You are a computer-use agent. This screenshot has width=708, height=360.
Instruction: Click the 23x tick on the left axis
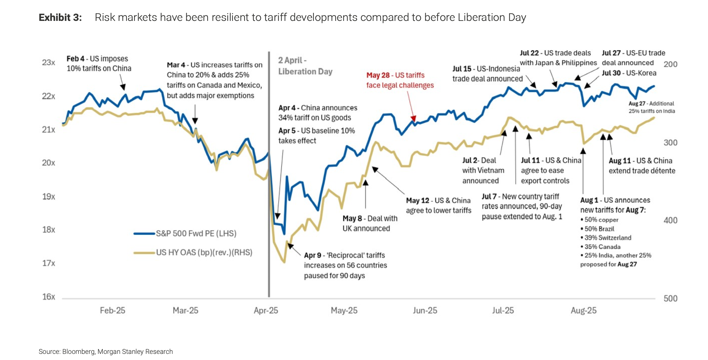click(49, 62)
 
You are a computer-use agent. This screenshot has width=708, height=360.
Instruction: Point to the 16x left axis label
click(49, 297)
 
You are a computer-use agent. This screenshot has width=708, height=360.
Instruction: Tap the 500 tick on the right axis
click(670, 299)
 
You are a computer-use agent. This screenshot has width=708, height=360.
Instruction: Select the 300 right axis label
click(670, 143)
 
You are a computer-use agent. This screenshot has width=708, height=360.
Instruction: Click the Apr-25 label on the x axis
click(266, 310)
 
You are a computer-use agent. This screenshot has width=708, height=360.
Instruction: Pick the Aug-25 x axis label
click(583, 310)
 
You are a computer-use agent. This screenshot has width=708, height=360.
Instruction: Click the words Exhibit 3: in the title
click(60, 17)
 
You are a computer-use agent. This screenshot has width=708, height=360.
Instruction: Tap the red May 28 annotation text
click(400, 80)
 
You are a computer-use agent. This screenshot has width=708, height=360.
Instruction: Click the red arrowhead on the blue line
click(414, 118)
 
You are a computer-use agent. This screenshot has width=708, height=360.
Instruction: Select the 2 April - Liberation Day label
click(305, 66)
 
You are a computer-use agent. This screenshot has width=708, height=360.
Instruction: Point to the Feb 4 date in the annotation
click(75, 59)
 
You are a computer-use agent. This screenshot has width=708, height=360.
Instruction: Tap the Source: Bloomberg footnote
click(106, 352)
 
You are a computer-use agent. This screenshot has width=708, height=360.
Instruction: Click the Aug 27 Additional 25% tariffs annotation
click(651, 107)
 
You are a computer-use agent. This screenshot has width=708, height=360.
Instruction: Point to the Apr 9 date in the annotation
click(313, 256)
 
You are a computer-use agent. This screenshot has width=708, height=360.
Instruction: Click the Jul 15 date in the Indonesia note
click(462, 69)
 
